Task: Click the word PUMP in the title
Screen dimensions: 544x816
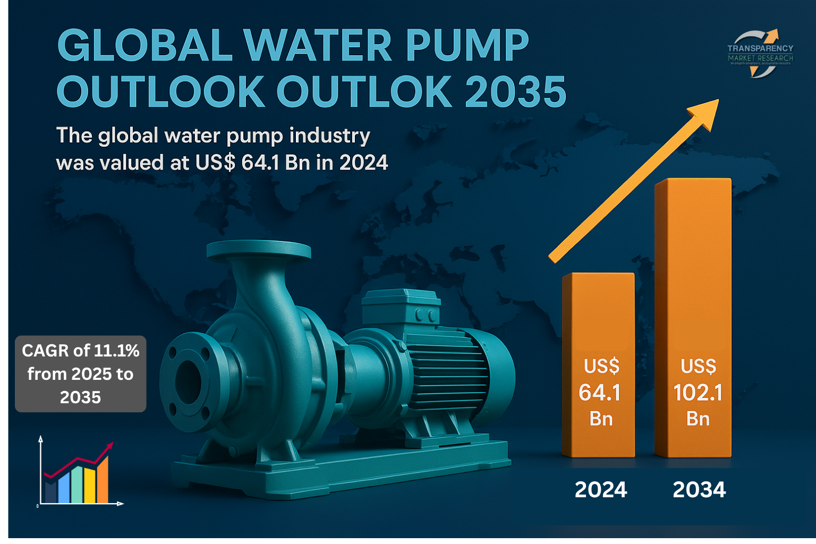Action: (x=467, y=46)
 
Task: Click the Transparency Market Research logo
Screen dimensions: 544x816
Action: (x=760, y=54)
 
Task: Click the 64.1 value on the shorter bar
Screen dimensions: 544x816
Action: (x=600, y=393)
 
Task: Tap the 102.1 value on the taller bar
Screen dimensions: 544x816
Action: (x=698, y=393)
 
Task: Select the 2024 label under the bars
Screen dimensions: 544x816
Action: (x=601, y=489)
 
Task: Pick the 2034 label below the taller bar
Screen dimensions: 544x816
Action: (x=699, y=489)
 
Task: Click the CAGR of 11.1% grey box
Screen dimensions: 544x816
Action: (x=81, y=373)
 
